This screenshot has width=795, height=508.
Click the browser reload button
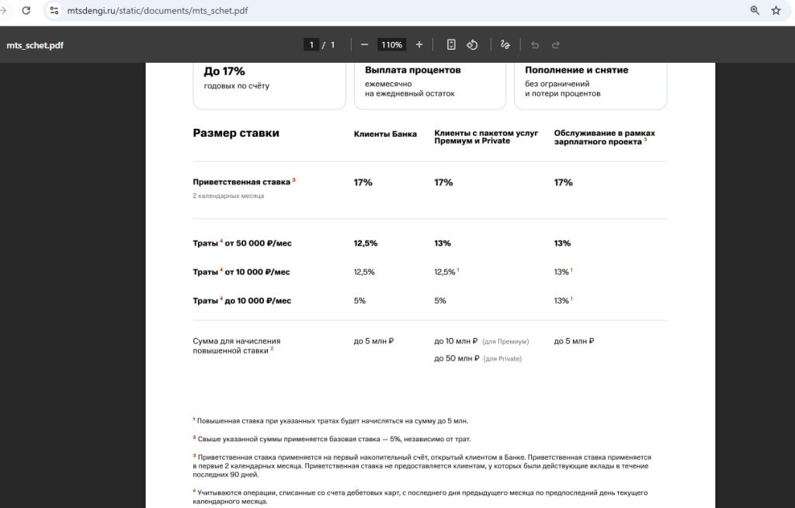[26, 11]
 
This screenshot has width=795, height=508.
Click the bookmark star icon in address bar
[776, 11]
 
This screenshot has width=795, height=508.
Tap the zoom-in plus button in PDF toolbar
[419, 45]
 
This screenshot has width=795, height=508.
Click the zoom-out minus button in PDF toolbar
[364, 45]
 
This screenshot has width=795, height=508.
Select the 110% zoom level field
[391, 45]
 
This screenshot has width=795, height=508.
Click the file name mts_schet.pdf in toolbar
[35, 45]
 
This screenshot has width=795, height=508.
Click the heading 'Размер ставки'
[236, 133]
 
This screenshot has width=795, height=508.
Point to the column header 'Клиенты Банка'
[385, 134]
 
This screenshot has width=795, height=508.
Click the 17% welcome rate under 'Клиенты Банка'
[363, 183]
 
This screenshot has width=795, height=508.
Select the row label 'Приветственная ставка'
[241, 182]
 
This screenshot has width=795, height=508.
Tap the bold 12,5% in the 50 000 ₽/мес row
[366, 243]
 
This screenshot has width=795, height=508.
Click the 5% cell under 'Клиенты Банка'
[359, 301]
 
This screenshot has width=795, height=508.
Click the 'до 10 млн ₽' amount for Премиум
[456, 341]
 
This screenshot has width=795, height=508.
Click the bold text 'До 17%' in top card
[224, 71]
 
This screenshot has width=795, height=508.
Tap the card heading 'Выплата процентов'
[413, 70]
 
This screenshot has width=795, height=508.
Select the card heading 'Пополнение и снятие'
[576, 70]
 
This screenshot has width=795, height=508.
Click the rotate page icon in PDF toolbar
[472, 45]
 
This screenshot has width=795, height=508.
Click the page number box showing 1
[312, 45]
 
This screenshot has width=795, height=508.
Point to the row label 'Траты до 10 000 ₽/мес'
[242, 301]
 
